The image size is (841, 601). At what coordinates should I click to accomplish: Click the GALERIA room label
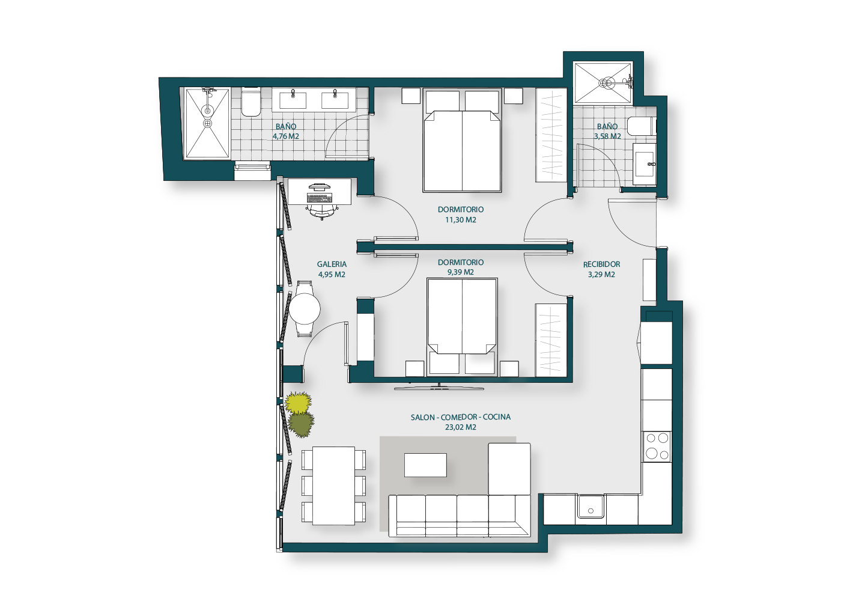(x=332, y=264)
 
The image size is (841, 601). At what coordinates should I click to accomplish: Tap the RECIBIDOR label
(x=601, y=264)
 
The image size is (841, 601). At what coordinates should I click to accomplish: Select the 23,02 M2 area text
(x=461, y=427)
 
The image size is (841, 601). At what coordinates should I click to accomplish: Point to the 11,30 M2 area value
(x=461, y=220)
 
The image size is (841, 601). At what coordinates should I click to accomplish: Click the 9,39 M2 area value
(x=461, y=272)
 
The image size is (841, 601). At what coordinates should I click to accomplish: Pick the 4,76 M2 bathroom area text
(x=286, y=136)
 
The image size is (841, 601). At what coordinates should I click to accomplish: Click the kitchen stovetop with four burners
(x=657, y=447)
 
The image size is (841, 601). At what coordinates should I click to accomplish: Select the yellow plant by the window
(x=298, y=402)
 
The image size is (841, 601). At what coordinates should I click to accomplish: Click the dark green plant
(x=301, y=424)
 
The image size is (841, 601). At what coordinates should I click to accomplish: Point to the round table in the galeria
(x=305, y=309)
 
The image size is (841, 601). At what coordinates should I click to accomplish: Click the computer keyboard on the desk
(x=320, y=198)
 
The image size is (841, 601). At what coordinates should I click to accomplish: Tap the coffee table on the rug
(x=425, y=465)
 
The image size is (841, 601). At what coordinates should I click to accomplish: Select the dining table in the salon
(x=334, y=486)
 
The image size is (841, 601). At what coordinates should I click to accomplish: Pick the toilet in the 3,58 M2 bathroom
(x=642, y=126)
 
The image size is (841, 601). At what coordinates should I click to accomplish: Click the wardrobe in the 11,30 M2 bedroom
(x=551, y=135)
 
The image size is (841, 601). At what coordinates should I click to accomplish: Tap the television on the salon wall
(x=439, y=386)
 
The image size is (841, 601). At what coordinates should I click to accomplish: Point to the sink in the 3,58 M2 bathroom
(x=645, y=164)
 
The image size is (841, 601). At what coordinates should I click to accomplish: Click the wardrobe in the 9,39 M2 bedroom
(x=551, y=340)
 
